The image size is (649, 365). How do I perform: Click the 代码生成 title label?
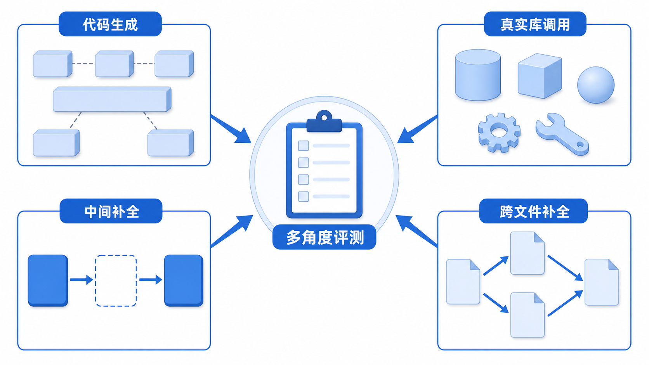pos(110,24)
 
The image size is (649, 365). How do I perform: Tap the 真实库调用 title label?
pos(535,24)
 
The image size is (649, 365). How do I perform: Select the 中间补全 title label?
pos(111,211)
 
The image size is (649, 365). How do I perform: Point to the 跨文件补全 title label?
pos(533,211)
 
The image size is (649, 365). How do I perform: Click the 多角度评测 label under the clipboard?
pos(324,237)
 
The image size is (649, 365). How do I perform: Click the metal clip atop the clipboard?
pos(324,121)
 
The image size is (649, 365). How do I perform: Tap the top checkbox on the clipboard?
pos(304,145)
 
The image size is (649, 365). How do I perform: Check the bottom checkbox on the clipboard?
pos(304,197)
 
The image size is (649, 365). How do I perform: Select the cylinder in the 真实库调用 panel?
pos(478,75)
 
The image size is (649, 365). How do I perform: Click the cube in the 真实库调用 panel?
pos(540,76)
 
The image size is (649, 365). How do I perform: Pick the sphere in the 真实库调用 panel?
pos(596,85)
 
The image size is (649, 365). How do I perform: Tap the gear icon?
pos(499,133)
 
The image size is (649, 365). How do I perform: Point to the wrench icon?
pos(562,134)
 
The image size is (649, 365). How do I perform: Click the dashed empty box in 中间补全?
pos(116,280)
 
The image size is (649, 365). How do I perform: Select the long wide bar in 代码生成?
pos(112,99)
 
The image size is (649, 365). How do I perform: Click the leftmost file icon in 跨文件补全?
pos(463,282)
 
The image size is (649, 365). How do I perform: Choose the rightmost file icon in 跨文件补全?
pos(602,282)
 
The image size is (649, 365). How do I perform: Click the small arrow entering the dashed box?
pos(82,280)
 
